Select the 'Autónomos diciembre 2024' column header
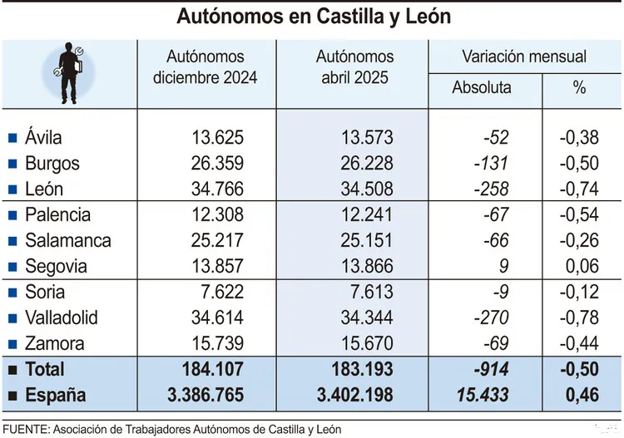click(x=206, y=67)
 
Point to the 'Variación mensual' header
click(x=524, y=57)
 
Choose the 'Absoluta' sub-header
click(x=482, y=87)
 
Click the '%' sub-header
click(x=579, y=87)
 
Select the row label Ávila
click(x=43, y=138)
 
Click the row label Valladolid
click(x=61, y=318)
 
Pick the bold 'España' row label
click(x=55, y=396)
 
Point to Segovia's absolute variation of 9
click(x=503, y=267)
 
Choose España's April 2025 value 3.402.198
click(x=343, y=396)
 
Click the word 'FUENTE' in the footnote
click(x=23, y=429)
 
